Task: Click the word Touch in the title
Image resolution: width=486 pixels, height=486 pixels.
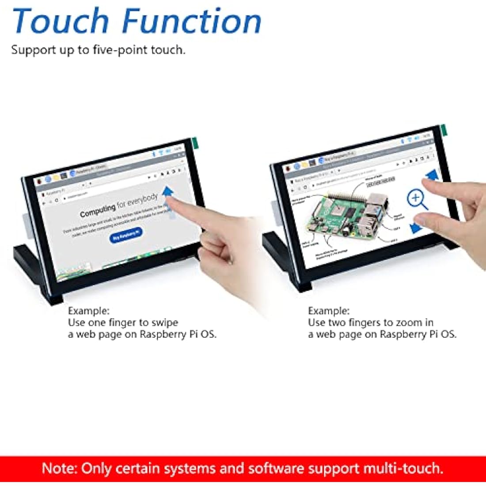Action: click(61, 21)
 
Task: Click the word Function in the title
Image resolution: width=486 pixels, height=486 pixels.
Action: click(191, 21)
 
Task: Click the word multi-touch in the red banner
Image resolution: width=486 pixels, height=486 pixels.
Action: click(403, 468)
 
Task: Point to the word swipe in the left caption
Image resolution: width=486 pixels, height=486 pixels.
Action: click(165, 323)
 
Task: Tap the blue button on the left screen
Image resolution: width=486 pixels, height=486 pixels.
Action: click(126, 234)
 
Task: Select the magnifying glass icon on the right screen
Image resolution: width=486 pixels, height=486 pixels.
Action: click(417, 199)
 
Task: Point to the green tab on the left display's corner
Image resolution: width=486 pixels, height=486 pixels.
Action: click(194, 142)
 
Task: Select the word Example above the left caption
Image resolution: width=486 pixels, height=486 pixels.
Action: click(88, 311)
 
